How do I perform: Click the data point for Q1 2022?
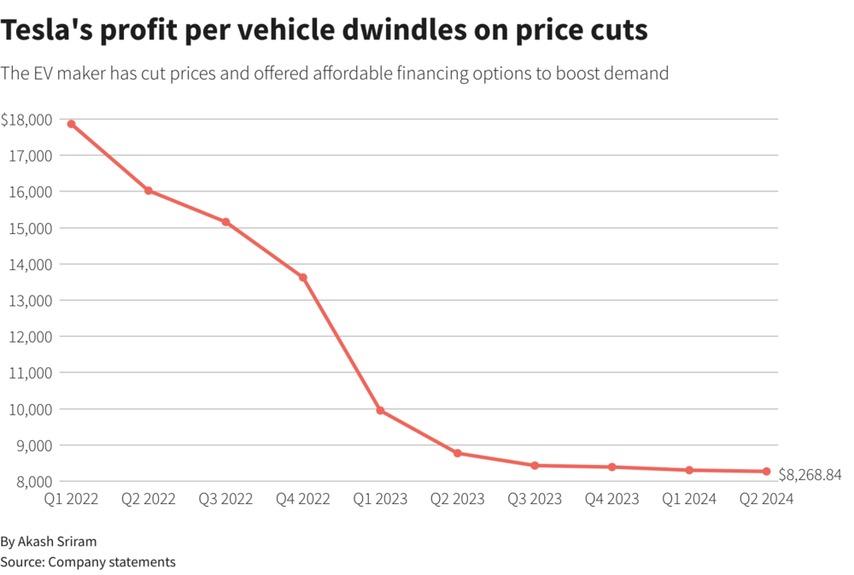(x=71, y=124)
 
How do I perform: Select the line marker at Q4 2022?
(x=303, y=277)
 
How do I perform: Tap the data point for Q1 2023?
(x=380, y=411)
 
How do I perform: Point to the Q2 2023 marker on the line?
(x=458, y=453)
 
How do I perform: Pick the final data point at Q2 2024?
(x=766, y=472)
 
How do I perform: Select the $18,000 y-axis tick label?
(x=26, y=120)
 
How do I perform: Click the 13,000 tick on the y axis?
(x=32, y=301)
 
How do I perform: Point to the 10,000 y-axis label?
(x=32, y=409)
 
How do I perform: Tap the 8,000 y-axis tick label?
(x=35, y=482)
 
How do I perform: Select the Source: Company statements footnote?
(x=88, y=561)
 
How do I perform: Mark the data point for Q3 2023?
(x=535, y=466)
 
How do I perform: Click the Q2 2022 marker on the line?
(x=149, y=191)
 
